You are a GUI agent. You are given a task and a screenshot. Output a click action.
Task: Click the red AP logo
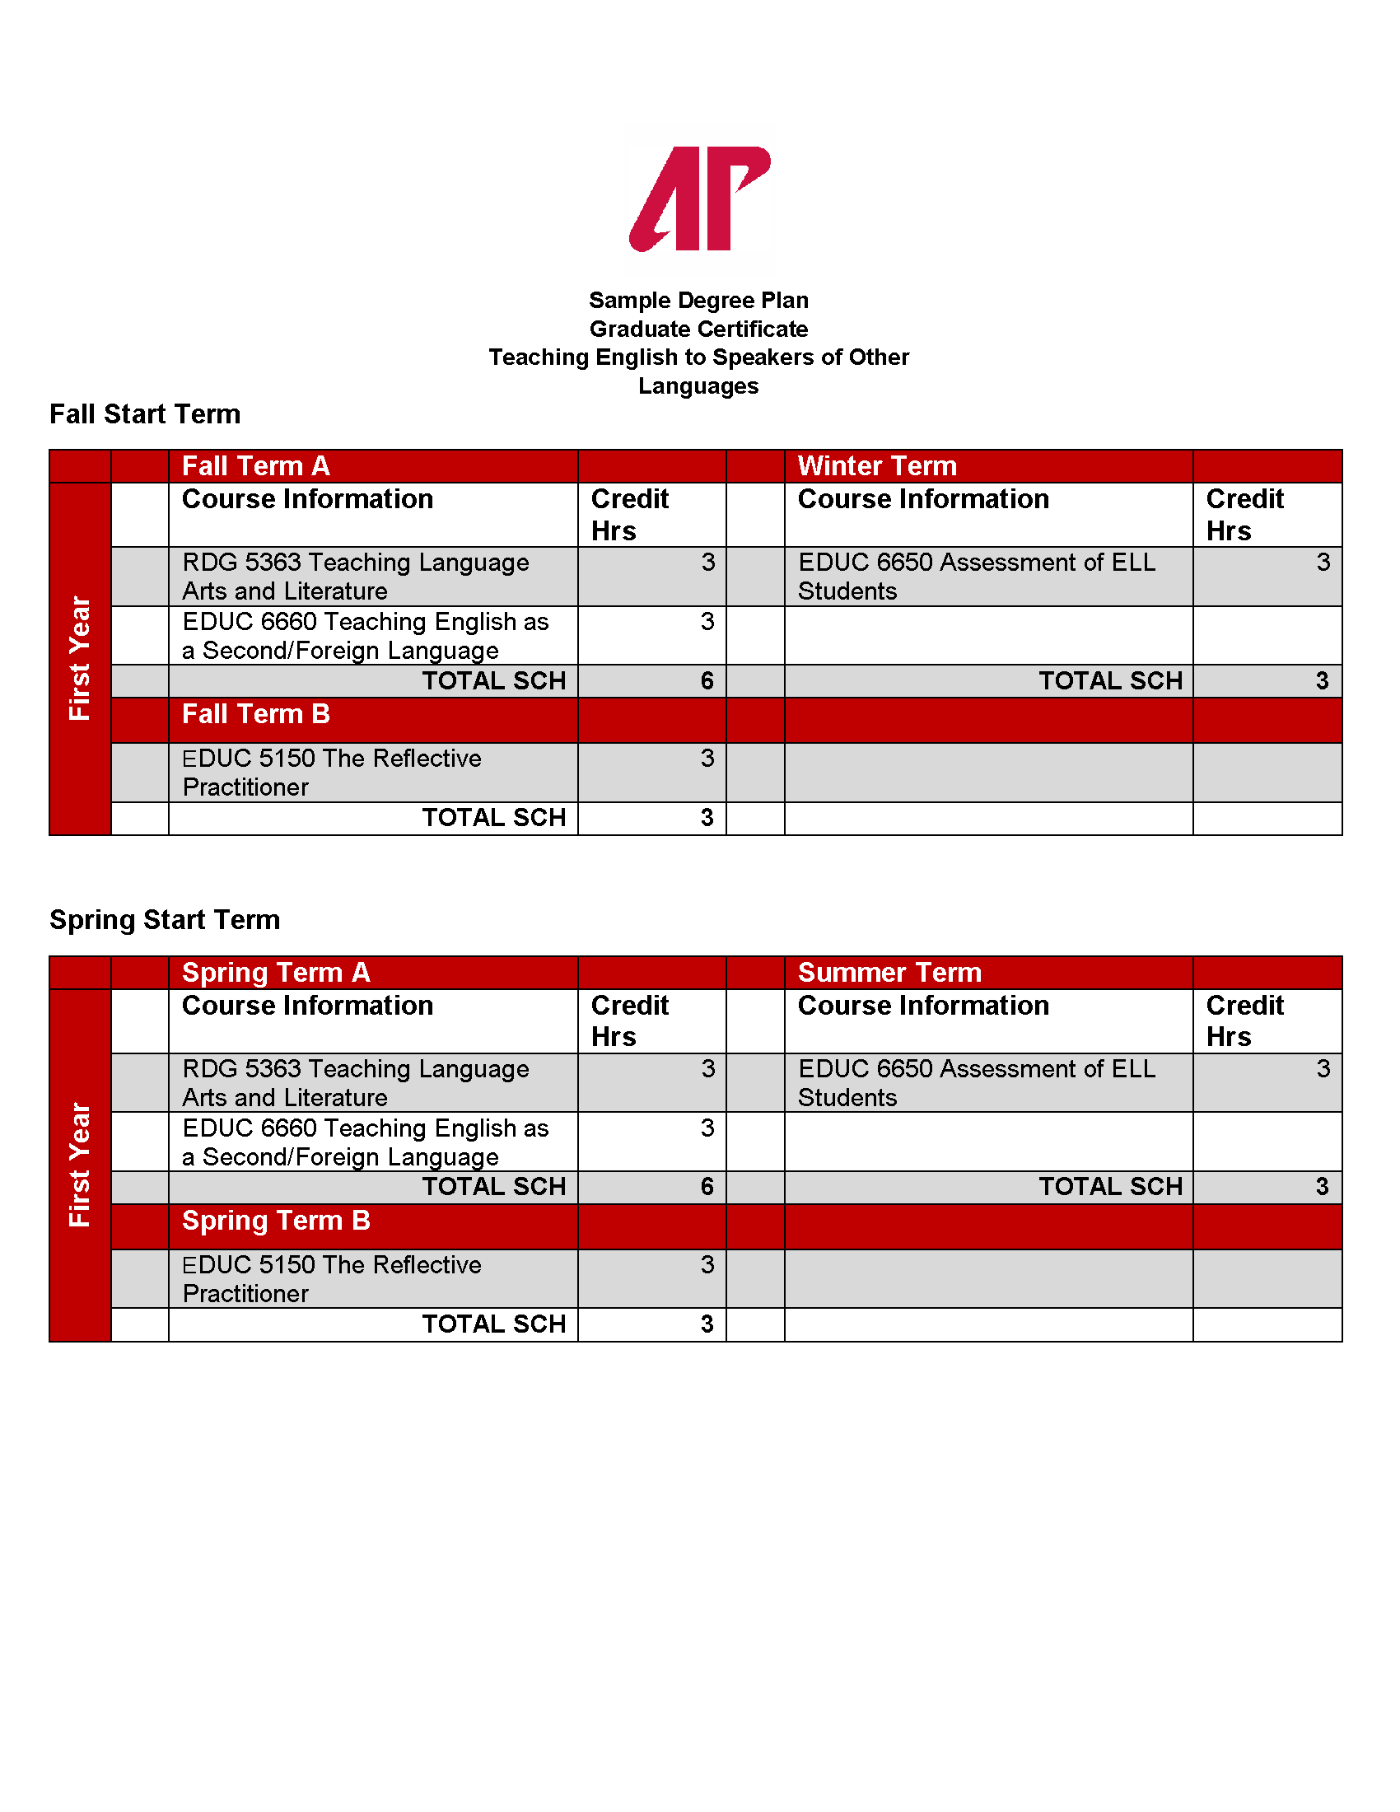pyautogui.click(x=699, y=199)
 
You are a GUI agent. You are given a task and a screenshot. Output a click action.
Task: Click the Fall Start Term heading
pyautogui.click(x=145, y=414)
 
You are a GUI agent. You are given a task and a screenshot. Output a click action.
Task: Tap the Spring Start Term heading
pyautogui.click(x=164, y=920)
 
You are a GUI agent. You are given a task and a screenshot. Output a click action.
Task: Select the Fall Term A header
pyautogui.click(x=255, y=466)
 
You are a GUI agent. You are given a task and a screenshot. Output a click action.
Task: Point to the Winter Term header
pyautogui.click(x=877, y=466)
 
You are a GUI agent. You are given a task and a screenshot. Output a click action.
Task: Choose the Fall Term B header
pyautogui.click(x=255, y=714)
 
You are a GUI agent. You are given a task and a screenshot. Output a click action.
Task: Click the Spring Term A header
pyautogui.click(x=275, y=973)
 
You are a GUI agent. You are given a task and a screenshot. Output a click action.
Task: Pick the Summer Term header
pyautogui.click(x=889, y=973)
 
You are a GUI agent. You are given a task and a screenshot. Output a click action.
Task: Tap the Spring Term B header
pyautogui.click(x=275, y=1221)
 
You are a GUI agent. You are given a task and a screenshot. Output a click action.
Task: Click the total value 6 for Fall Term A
pyautogui.click(x=707, y=681)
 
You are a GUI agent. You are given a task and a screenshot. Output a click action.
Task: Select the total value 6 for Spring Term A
pyautogui.click(x=707, y=1187)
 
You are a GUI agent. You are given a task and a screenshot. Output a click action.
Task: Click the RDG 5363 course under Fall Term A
pyautogui.click(x=355, y=577)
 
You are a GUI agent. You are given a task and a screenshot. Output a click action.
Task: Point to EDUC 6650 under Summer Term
pyautogui.click(x=975, y=1083)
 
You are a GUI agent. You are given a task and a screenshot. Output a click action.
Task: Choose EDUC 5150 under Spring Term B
pyautogui.click(x=331, y=1278)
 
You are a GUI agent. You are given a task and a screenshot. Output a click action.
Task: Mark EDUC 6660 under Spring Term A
pyautogui.click(x=365, y=1142)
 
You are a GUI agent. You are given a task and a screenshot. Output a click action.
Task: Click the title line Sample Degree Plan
pyautogui.click(x=698, y=301)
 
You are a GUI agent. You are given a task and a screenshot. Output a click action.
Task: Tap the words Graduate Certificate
pyautogui.click(x=698, y=329)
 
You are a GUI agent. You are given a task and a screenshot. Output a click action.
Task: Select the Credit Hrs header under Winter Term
pyautogui.click(x=1244, y=515)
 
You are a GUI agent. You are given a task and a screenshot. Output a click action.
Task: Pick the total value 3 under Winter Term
pyautogui.click(x=1322, y=681)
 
